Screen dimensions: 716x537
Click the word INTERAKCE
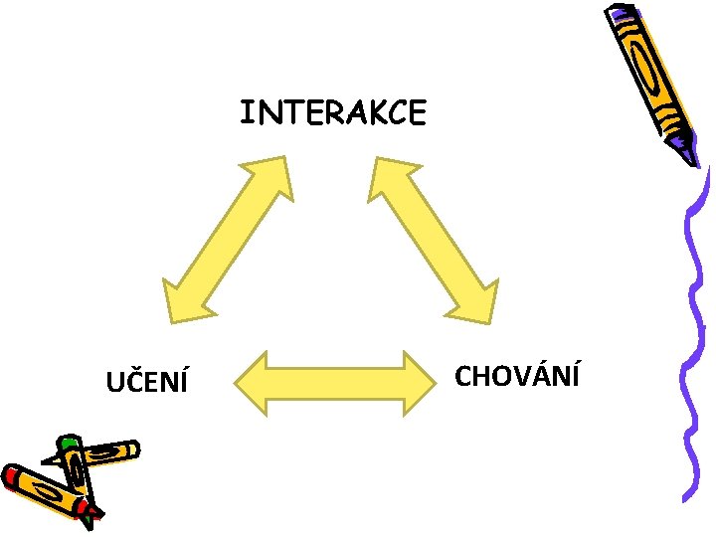[332, 112]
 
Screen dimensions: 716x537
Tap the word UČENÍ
[148, 381]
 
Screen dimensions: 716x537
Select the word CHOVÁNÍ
[517, 377]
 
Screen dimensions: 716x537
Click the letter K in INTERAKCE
[362, 112]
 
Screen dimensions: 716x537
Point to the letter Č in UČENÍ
[132, 380]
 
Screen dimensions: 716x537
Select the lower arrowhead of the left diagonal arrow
[180, 302]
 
